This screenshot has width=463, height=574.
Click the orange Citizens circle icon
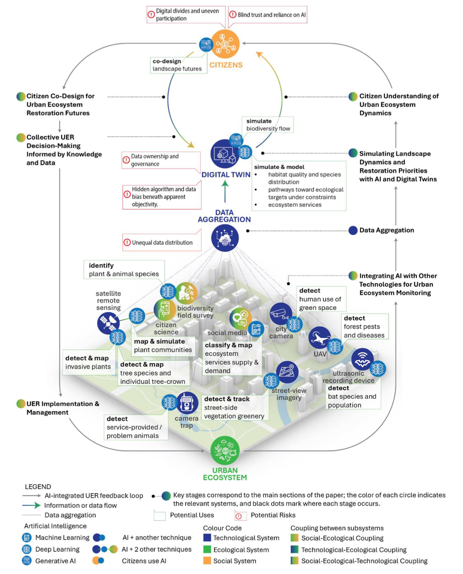[x=225, y=44]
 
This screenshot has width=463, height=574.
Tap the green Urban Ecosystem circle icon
[x=225, y=450]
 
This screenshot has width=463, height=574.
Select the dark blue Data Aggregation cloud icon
[x=225, y=238]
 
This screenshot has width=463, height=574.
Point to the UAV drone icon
[x=319, y=338]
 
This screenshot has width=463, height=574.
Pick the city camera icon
[x=281, y=313]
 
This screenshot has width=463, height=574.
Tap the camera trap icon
[x=187, y=403]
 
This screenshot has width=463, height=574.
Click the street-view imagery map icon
[x=287, y=372]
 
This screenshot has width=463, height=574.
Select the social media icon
[x=240, y=318]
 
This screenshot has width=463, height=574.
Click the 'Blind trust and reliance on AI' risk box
[x=267, y=15]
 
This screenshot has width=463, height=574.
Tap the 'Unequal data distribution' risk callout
[x=162, y=242]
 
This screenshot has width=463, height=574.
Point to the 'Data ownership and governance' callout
[x=161, y=160]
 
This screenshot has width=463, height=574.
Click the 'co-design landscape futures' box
[x=179, y=65]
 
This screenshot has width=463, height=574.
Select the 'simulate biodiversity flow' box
[x=268, y=125]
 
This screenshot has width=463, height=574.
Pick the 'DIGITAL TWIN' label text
[x=226, y=175]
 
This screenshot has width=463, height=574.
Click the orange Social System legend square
[x=207, y=561]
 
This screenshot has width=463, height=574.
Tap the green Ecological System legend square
[x=207, y=550]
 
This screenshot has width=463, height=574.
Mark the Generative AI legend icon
[x=27, y=561]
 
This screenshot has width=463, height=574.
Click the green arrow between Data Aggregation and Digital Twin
[x=225, y=191]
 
